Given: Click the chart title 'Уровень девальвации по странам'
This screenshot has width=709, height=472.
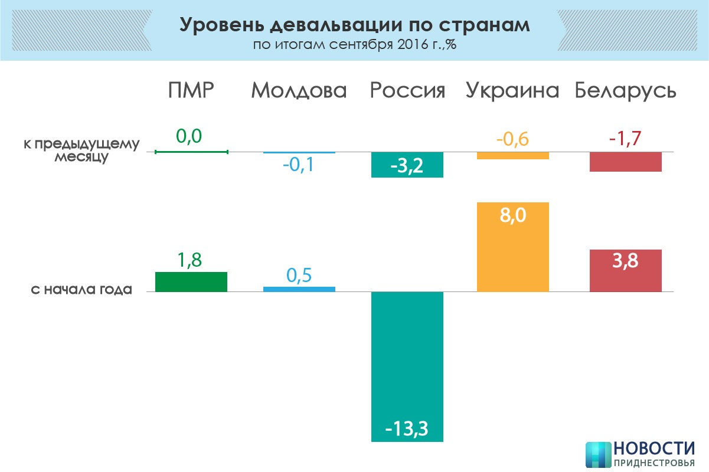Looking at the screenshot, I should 354,25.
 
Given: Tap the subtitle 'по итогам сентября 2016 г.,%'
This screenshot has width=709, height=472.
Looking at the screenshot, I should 354,45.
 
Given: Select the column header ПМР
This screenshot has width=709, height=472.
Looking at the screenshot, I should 190,90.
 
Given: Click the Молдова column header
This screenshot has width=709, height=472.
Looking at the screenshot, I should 299,90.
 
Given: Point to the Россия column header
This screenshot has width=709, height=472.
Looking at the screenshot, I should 407,90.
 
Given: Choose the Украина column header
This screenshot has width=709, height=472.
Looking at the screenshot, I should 512,90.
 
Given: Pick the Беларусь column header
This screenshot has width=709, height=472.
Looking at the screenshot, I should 626,90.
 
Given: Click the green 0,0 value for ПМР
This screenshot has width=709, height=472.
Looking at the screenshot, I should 189,137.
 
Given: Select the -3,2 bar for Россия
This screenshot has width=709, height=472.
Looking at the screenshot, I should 407,165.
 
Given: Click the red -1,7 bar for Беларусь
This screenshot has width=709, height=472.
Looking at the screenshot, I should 626,162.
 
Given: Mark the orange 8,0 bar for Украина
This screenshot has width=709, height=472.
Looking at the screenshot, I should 512,248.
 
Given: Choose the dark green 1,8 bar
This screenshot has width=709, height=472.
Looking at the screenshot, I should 191,282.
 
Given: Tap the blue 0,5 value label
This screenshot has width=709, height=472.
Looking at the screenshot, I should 299,276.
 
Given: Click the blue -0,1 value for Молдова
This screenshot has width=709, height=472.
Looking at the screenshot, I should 299,165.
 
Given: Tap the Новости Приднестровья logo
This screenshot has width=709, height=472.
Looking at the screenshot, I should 640,454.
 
